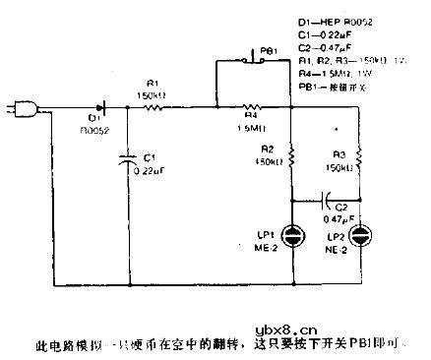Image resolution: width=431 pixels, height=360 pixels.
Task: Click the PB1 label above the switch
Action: pyautogui.click(x=269, y=50)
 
